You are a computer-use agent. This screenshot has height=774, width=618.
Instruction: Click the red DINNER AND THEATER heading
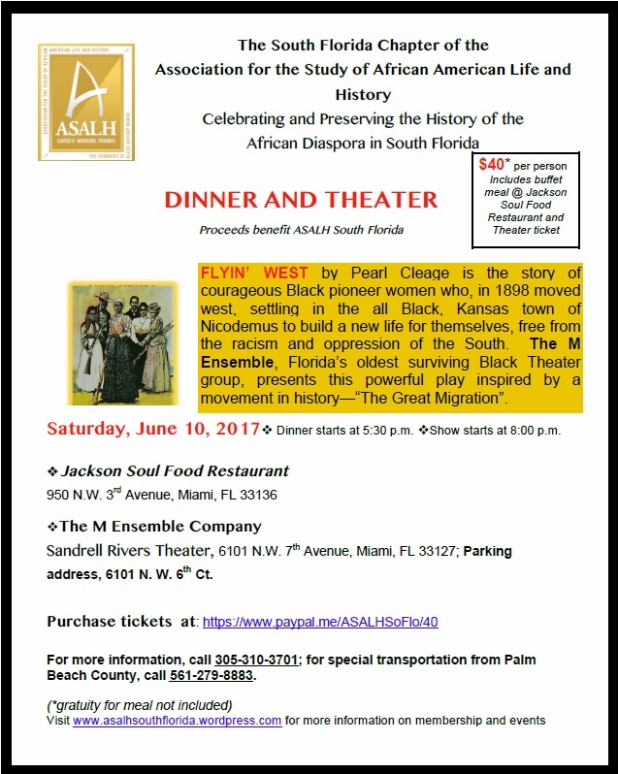tap(301, 201)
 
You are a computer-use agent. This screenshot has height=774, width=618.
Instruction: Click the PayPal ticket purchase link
tap(326, 621)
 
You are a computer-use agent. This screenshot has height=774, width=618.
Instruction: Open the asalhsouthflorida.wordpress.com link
tap(177, 721)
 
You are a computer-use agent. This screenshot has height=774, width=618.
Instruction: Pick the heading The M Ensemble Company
tap(160, 527)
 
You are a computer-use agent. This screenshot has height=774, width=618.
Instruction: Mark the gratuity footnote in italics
tap(140, 705)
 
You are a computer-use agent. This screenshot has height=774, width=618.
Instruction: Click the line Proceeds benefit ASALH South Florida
tap(301, 230)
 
